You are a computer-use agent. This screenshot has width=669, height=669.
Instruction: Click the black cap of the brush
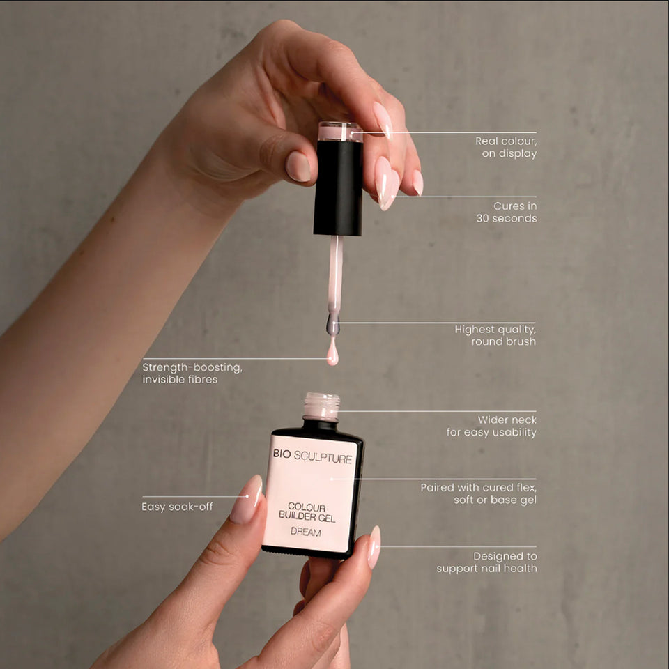(x=338, y=187)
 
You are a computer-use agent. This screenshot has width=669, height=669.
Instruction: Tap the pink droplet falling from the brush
(x=332, y=353)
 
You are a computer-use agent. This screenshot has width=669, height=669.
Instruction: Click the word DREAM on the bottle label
(x=305, y=532)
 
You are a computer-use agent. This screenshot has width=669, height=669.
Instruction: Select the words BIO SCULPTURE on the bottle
(x=312, y=456)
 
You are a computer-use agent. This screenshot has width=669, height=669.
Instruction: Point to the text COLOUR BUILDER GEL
(x=307, y=512)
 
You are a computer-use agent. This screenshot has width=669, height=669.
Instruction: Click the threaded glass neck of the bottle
(x=322, y=406)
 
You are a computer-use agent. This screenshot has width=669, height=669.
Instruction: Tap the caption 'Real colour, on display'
(x=506, y=147)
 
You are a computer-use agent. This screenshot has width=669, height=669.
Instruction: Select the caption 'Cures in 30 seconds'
(x=507, y=212)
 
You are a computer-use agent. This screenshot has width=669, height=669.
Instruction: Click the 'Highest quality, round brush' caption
(x=495, y=335)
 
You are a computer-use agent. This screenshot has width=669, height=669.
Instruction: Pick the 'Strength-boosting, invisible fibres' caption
(x=192, y=374)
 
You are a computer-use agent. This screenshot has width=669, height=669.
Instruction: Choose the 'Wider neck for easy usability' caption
(x=491, y=426)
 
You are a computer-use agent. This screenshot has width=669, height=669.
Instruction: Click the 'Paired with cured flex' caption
(x=478, y=493)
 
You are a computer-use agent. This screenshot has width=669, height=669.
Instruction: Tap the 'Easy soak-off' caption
(x=177, y=507)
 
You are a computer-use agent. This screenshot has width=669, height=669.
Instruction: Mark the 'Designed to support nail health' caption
(x=487, y=562)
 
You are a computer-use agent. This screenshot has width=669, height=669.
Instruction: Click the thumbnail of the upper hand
(x=298, y=167)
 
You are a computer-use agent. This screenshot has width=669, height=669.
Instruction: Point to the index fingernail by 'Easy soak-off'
(x=247, y=499)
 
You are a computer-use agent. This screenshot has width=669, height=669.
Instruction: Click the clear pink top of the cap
(x=340, y=132)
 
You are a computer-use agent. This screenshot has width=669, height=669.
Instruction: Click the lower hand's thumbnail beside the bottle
(x=374, y=548)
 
